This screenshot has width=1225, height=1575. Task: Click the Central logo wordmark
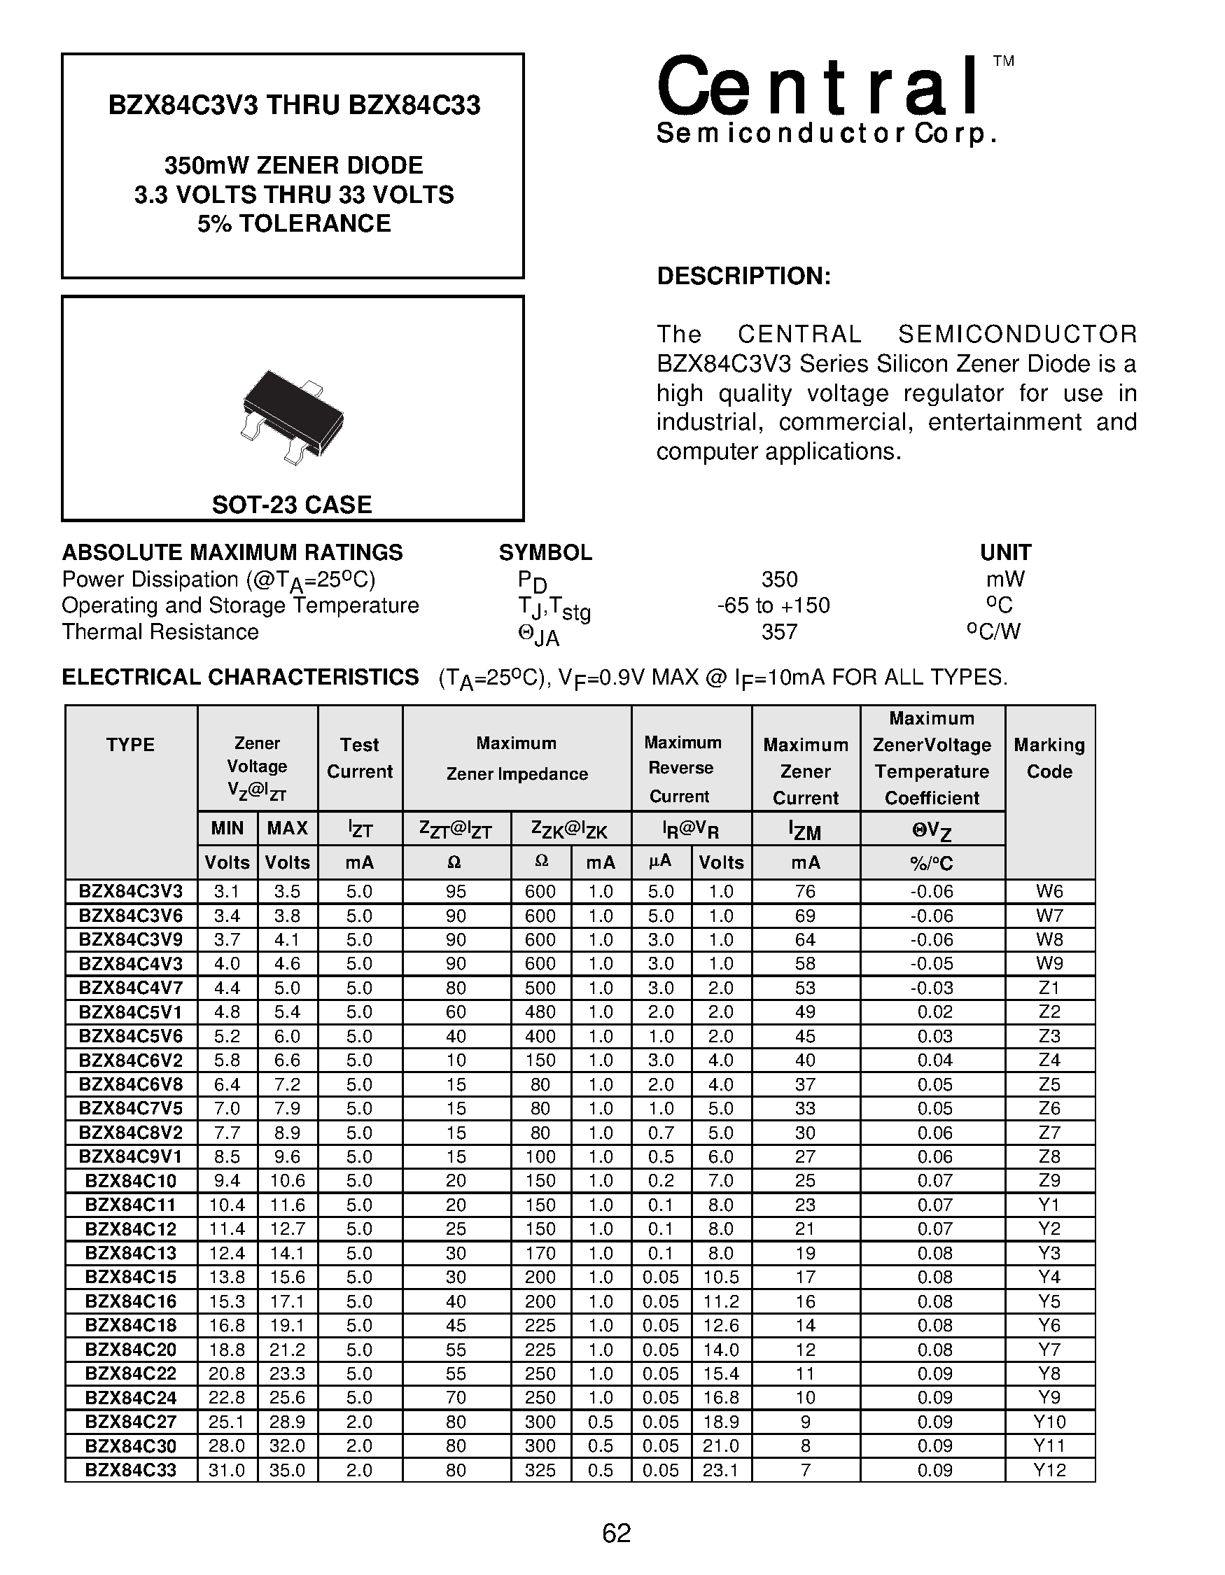818,88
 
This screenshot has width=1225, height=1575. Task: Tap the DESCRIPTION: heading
743,276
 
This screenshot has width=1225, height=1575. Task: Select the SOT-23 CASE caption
291,504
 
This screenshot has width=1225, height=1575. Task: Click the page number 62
617,1532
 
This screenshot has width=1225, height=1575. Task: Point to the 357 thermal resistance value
778,631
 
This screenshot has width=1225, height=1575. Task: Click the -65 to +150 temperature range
773,605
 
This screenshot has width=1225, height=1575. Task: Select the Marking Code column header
1049,758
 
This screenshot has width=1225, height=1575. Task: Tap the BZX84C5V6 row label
130,1036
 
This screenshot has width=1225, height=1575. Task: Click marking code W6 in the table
1049,891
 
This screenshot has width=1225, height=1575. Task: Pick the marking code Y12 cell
1049,1470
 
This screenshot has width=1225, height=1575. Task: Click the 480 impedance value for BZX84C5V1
540,1011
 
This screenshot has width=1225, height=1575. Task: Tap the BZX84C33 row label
130,1470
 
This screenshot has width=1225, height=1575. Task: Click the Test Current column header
359,758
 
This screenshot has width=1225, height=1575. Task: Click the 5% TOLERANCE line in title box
293,223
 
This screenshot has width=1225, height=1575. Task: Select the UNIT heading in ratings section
1005,552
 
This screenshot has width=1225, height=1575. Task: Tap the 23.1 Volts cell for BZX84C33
721,1470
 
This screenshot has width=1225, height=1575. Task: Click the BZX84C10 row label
130,1180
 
